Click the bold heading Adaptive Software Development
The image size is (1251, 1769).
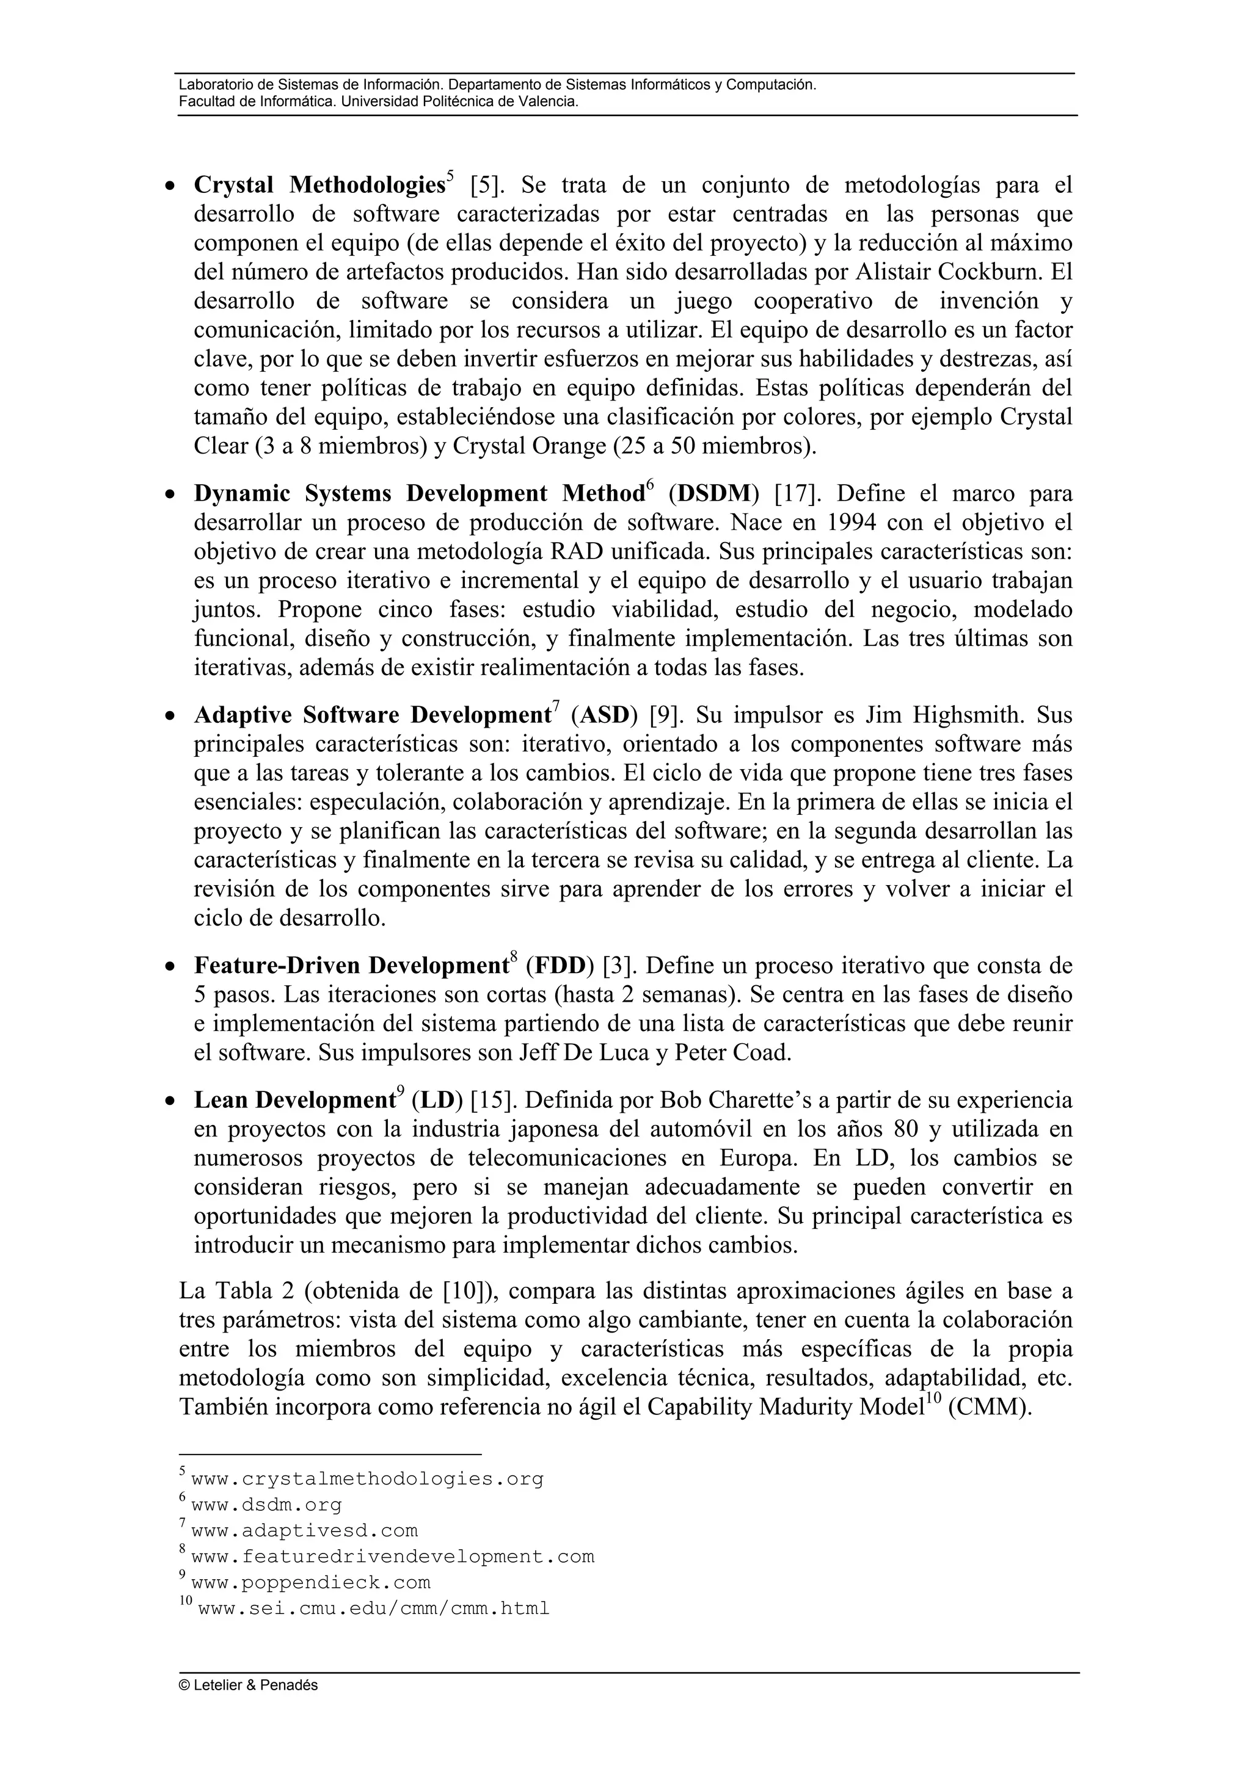371,716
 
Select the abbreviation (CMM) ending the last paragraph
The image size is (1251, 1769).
989,1408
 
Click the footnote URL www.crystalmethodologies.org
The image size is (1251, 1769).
367,1479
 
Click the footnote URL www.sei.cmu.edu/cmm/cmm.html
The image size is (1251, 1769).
373,1608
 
